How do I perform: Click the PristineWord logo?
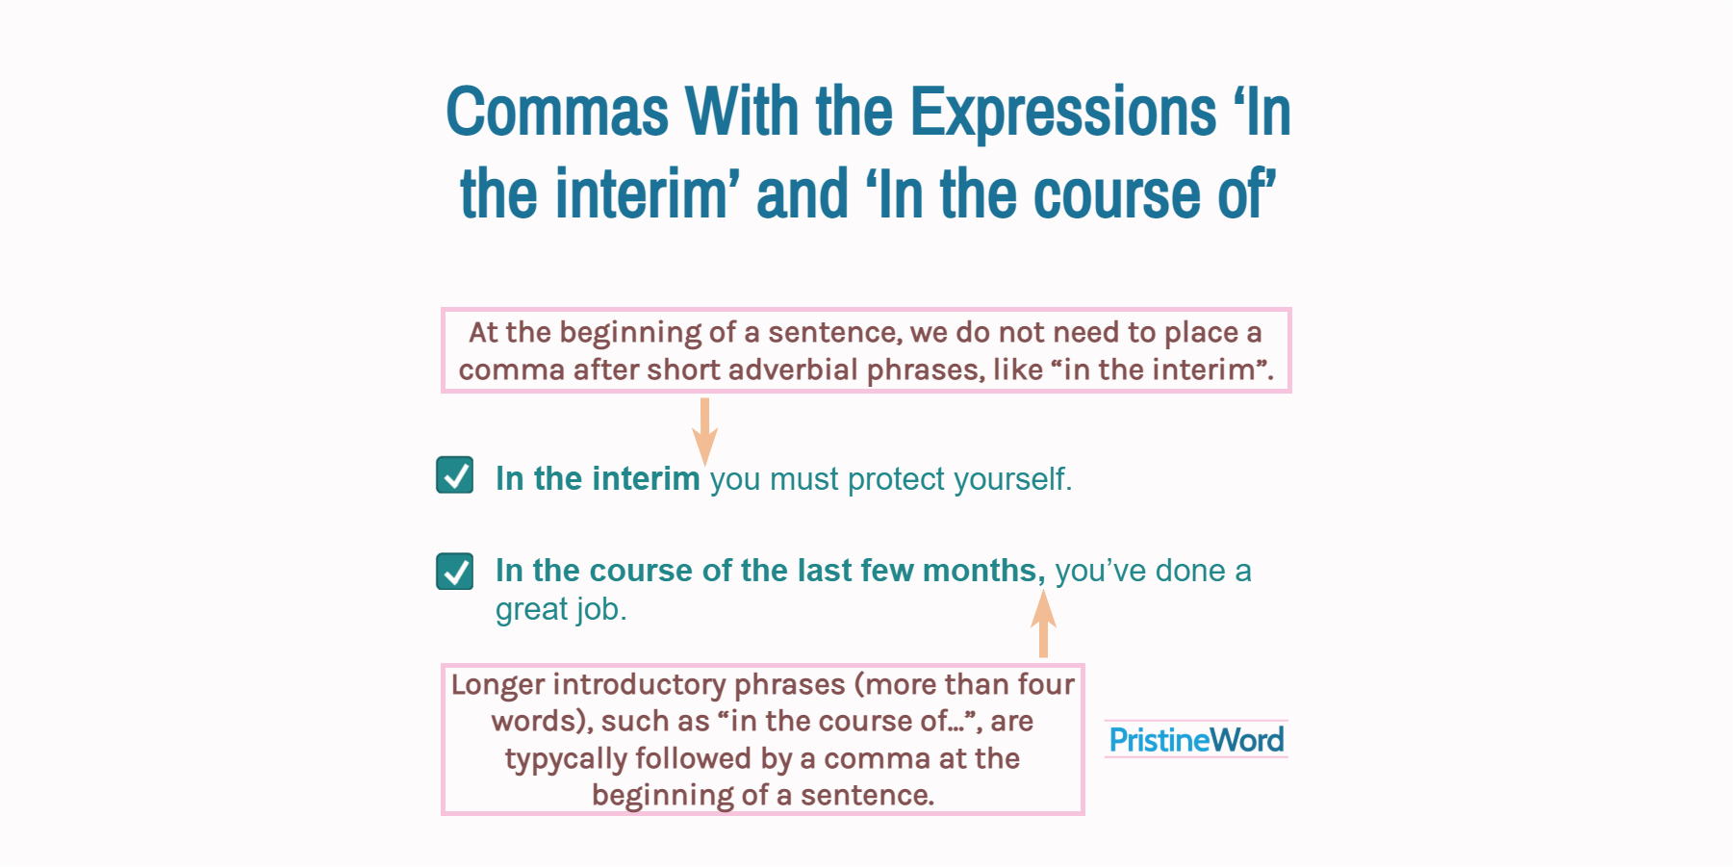coord(1196,740)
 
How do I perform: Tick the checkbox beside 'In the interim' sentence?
coord(454,475)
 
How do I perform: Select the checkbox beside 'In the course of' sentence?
coord(454,571)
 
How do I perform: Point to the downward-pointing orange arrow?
coord(704,431)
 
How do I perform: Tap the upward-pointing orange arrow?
coord(1043,624)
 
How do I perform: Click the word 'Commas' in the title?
coord(557,113)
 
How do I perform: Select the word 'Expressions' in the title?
coord(1062,113)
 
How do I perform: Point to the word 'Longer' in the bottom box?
coord(497,685)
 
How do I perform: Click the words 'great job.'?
coord(561,610)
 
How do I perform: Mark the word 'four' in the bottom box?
coord(1046,685)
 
